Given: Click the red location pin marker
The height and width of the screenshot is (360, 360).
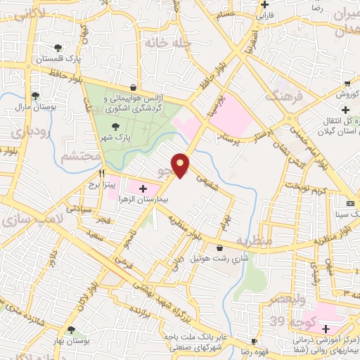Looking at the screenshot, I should click(181, 165).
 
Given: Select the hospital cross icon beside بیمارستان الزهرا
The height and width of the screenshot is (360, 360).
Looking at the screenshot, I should click(143, 188).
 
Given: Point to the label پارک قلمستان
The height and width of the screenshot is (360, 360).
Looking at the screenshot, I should click(57, 59).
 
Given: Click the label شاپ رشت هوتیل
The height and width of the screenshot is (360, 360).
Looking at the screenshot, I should click(217, 259).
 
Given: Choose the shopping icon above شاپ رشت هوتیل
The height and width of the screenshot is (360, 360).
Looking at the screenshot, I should click(221, 247).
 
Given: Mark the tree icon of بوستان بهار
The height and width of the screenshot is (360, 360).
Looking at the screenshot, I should click(71, 330).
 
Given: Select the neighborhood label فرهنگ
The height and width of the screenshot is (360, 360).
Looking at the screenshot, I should click(285, 94).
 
